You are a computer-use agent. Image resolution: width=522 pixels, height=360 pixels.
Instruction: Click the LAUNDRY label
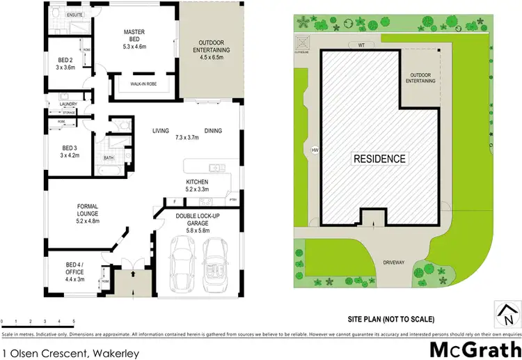pyautogui.click(x=58, y=104)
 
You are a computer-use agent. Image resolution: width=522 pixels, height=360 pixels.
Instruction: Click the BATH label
pyautogui.click(x=108, y=157)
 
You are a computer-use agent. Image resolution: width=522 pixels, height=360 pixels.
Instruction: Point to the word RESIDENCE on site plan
pyautogui.click(x=379, y=159)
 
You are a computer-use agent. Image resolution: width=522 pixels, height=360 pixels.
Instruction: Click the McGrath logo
pyautogui.click(x=475, y=347)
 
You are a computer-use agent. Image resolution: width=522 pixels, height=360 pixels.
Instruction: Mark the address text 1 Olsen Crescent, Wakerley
pyautogui.click(x=70, y=353)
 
